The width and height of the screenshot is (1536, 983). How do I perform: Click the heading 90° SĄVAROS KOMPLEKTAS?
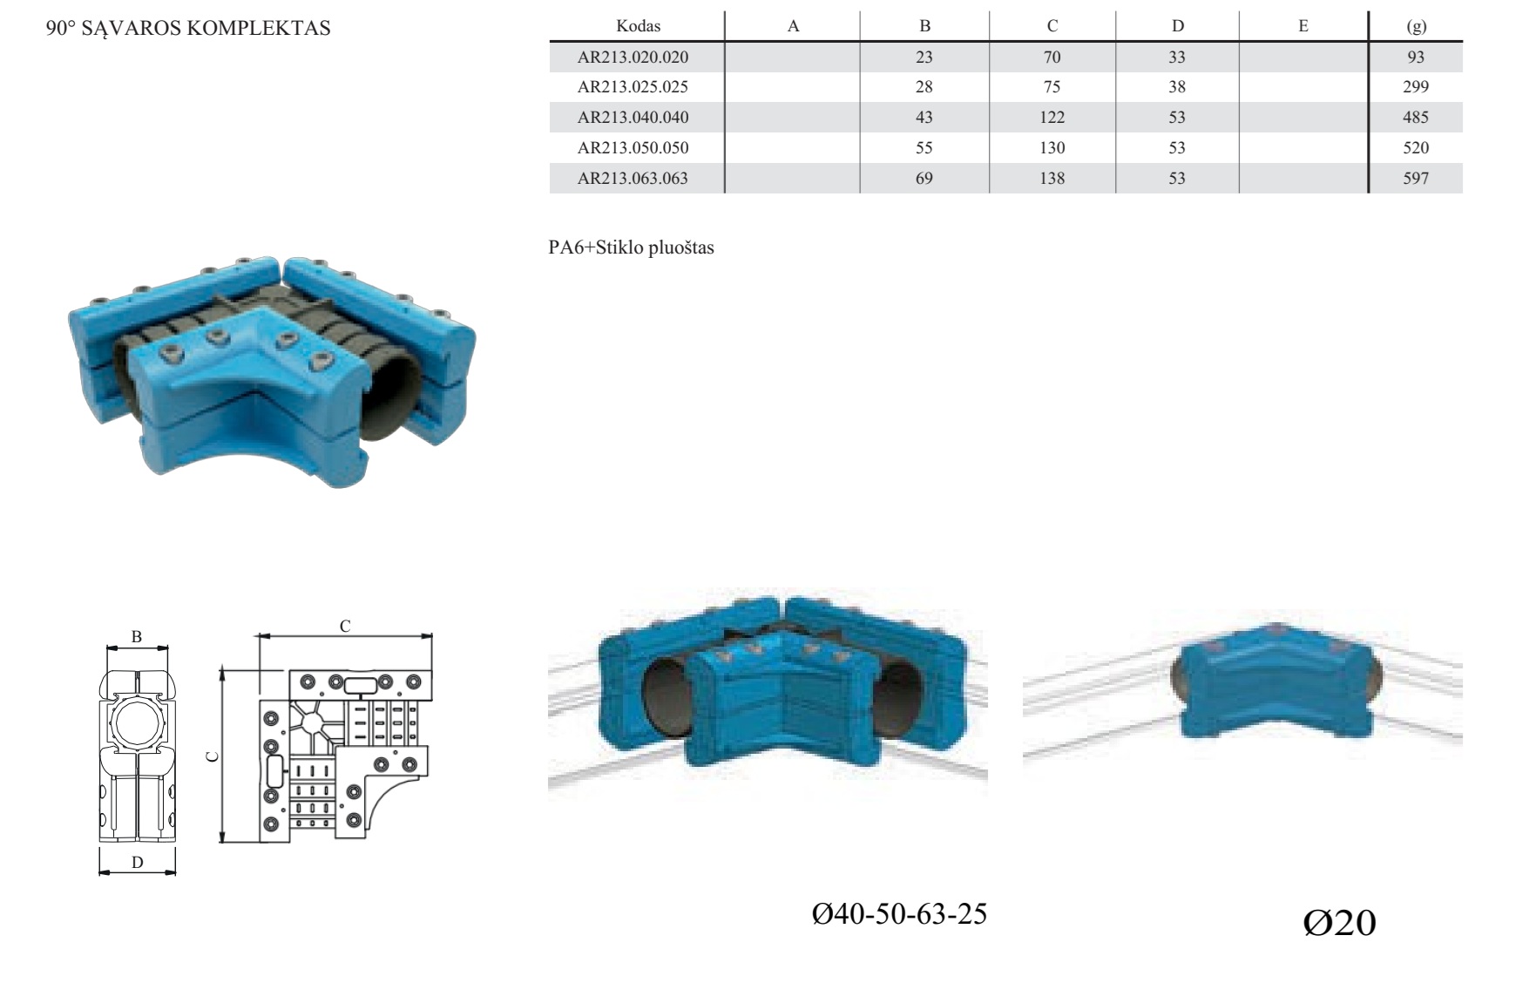[188, 28]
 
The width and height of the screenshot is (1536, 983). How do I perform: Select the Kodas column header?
[638, 26]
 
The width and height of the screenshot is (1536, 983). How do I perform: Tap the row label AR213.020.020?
[633, 57]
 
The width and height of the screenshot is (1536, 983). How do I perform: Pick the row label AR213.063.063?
[633, 178]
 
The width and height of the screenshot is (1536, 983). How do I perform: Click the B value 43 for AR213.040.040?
[924, 117]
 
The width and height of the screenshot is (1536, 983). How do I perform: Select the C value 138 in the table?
[1052, 178]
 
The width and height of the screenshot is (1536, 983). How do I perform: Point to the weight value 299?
[1416, 86]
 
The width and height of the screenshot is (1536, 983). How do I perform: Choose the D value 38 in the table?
[1177, 86]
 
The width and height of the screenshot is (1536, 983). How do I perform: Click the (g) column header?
[1417, 26]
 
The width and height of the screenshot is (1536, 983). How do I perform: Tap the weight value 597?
[1416, 178]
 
